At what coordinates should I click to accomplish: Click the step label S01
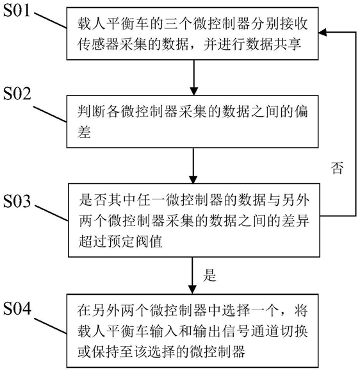[x=17, y=11]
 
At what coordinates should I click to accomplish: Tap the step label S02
[x=17, y=94]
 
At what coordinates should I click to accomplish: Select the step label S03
[x=17, y=201]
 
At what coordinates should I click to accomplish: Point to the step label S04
[x=17, y=308]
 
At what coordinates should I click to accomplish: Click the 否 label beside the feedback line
[x=337, y=168]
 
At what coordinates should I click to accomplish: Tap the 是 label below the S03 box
[x=209, y=275]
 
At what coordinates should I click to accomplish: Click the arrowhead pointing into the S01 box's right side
[x=322, y=32]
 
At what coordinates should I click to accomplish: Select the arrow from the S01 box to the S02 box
[x=194, y=78]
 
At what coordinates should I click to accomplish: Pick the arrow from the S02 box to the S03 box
[x=193, y=165]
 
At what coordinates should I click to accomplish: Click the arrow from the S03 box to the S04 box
[x=192, y=276]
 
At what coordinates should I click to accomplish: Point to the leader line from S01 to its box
[x=51, y=21]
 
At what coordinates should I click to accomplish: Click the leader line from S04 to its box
[x=51, y=326]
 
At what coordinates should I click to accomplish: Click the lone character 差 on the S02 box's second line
[x=84, y=132]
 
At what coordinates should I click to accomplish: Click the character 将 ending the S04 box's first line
[x=301, y=310]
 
